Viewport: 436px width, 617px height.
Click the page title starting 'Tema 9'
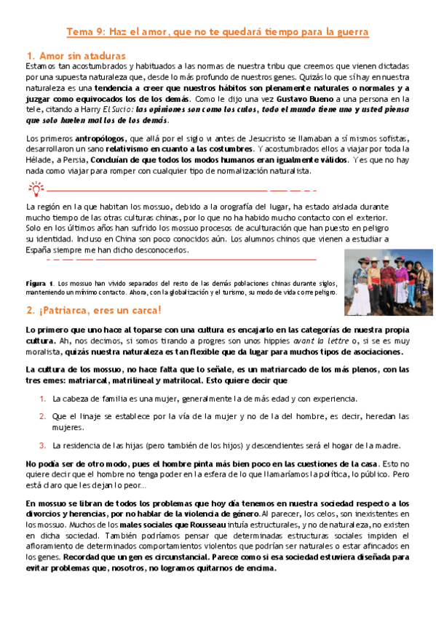pos(218,32)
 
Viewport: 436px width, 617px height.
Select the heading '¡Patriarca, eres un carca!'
pos(93,310)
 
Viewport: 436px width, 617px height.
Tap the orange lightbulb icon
pos(34,189)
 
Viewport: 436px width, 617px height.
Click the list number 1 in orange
pos(42,399)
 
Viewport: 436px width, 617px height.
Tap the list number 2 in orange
pos(42,417)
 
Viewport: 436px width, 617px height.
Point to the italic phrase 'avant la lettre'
pos(317,341)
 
